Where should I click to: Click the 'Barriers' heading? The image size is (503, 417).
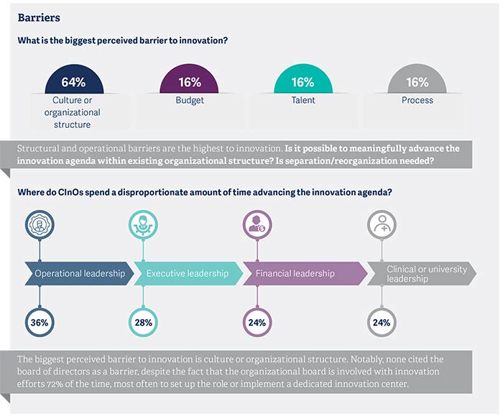(39, 17)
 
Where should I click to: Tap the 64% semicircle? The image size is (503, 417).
(73, 81)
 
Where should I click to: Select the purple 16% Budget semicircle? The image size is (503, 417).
(189, 81)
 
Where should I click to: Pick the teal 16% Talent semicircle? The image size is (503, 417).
(303, 81)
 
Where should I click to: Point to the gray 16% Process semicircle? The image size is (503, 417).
(417, 81)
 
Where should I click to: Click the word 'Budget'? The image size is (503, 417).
(189, 101)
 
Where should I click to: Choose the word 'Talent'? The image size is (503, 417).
(303, 101)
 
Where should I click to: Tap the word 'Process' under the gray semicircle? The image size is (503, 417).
(417, 101)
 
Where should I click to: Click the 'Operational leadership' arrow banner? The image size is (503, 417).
(79, 273)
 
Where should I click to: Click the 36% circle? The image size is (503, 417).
(40, 322)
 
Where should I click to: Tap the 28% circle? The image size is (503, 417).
(143, 322)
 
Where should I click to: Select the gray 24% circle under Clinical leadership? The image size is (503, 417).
(381, 322)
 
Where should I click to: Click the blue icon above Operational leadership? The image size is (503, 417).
(40, 224)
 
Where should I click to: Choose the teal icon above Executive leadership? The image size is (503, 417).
(143, 224)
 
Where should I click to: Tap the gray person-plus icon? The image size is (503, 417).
(381, 224)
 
